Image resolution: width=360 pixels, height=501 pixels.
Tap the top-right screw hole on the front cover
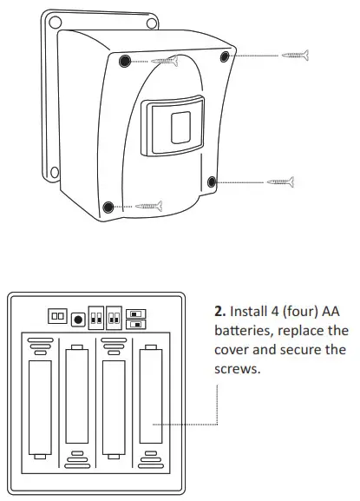[x=226, y=56]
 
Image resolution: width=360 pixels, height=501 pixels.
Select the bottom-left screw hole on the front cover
[x=108, y=207]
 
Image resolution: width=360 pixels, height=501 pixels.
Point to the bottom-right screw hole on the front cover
[x=211, y=181]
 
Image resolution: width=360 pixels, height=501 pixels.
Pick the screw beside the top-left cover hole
[x=166, y=61]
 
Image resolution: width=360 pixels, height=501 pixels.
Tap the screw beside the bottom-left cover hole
[x=149, y=207]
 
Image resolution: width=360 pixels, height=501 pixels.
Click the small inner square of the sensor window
[x=181, y=128]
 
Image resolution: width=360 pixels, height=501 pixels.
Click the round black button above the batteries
[x=77, y=318]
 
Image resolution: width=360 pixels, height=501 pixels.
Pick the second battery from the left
[x=77, y=400]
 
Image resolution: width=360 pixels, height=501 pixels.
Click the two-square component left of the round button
[x=57, y=318]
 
